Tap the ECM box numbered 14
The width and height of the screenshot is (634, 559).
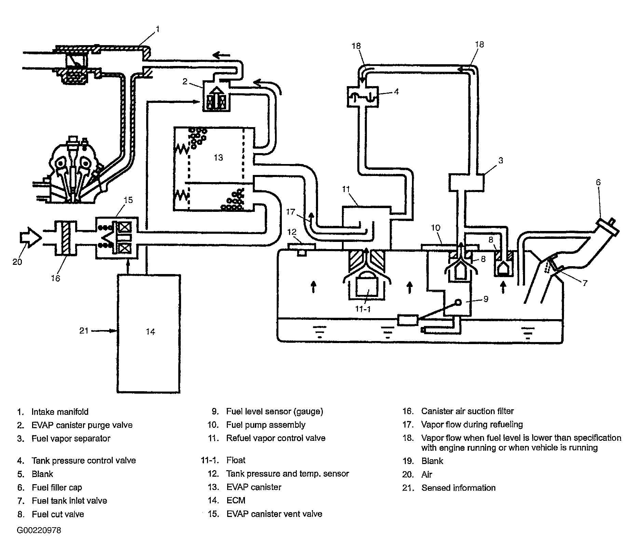[x=149, y=333]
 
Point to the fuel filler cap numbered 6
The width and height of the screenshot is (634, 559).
[x=608, y=227]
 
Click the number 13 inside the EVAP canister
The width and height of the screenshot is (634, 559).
[x=218, y=157]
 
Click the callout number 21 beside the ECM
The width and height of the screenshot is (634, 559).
[x=84, y=330]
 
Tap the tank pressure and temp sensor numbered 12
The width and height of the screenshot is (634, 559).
[x=302, y=248]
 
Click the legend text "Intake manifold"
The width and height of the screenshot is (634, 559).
[x=60, y=412]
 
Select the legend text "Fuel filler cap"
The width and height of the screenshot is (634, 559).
[x=57, y=488]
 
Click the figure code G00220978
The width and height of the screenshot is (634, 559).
[x=39, y=530]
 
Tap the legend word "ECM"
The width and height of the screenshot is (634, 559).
[x=236, y=501]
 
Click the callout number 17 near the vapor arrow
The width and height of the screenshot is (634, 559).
[x=290, y=212]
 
